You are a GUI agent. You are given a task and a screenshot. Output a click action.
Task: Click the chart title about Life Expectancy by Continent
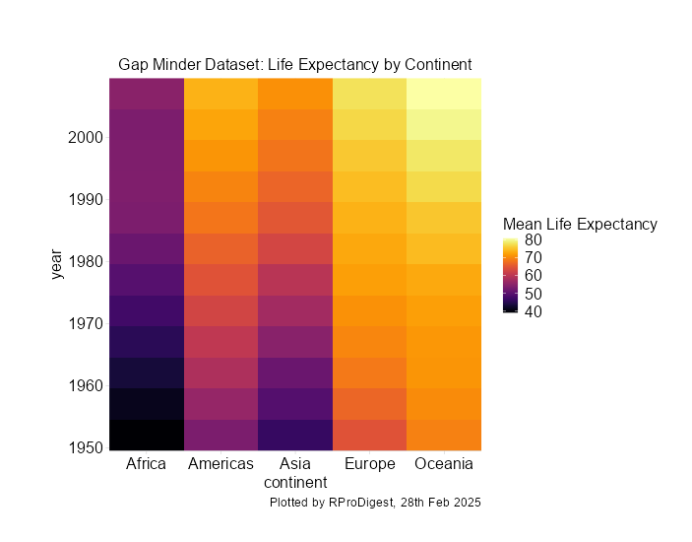click(x=295, y=65)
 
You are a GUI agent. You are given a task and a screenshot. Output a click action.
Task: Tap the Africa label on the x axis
click(x=147, y=464)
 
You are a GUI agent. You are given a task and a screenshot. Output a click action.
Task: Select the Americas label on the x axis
click(x=220, y=464)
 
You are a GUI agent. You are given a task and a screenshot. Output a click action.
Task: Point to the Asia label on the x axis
click(x=295, y=464)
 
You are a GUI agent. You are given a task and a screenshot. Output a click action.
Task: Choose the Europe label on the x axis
click(x=369, y=464)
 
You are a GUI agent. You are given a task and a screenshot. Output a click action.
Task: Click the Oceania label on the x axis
click(x=444, y=464)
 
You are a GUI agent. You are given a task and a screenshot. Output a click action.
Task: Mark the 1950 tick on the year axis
click(x=86, y=447)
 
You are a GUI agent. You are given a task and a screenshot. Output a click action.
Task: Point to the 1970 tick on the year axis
click(x=86, y=323)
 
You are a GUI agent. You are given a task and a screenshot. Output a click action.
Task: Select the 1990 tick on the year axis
click(x=86, y=199)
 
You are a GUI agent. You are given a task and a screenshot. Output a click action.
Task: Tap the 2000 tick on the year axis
click(x=86, y=137)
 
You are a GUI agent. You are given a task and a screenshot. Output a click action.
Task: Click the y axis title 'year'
click(x=58, y=264)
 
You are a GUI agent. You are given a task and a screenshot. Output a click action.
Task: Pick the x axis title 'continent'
click(x=295, y=483)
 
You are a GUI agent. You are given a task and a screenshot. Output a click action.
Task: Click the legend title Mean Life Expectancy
click(x=580, y=225)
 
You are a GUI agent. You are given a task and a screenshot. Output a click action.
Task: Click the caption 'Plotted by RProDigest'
click(x=374, y=503)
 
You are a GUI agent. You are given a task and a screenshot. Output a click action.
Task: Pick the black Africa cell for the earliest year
click(x=147, y=435)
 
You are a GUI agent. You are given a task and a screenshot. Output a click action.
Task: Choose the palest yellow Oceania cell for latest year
click(x=444, y=93)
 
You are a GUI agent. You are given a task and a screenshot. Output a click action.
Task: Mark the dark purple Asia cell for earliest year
click(x=295, y=435)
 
